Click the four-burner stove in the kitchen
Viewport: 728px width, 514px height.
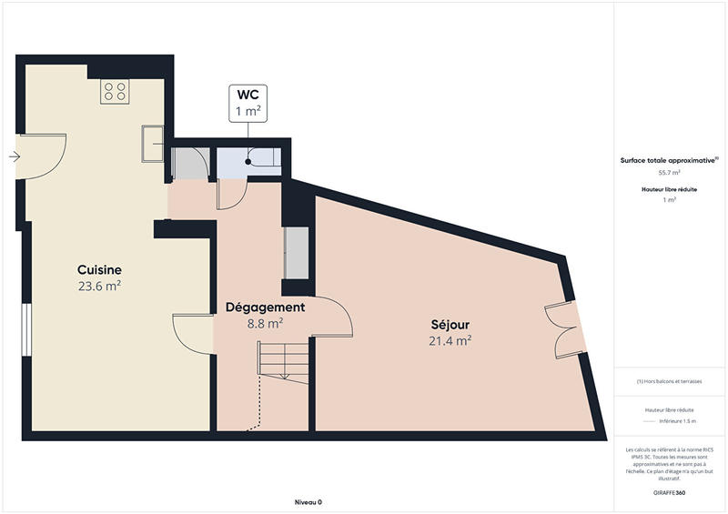[x=115, y=90]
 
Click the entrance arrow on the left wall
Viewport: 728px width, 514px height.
[x=15, y=156]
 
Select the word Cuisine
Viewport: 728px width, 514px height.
[x=99, y=270]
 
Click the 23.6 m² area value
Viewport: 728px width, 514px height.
[x=99, y=286]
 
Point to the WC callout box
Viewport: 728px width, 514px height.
[x=249, y=103]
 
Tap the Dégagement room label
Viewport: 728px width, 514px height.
[x=265, y=307]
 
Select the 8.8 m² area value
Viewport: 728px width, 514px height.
[x=265, y=322]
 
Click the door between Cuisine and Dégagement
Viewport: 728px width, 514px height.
[x=193, y=332]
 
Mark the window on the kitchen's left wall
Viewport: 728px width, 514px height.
[x=26, y=332]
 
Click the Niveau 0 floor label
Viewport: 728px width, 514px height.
[x=308, y=502]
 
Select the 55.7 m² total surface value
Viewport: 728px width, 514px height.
[x=669, y=172]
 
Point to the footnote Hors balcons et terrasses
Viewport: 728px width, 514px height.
[x=669, y=381]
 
